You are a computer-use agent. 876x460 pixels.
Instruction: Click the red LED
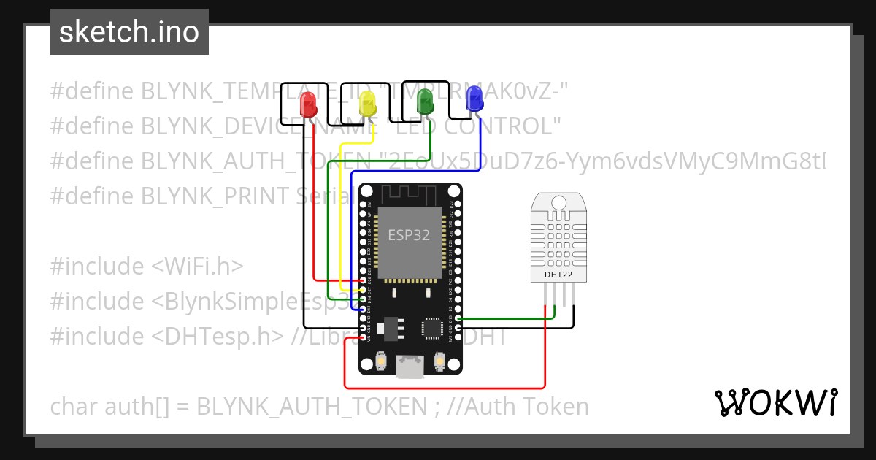(x=309, y=107)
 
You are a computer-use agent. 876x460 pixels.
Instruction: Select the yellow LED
(x=367, y=107)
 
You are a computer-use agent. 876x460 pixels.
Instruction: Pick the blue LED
(x=474, y=99)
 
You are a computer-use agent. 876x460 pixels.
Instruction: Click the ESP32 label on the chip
(x=408, y=235)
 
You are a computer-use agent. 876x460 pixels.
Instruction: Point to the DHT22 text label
(x=558, y=275)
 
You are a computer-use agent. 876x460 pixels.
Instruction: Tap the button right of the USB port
(x=439, y=361)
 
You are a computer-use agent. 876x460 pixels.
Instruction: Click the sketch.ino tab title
(x=128, y=33)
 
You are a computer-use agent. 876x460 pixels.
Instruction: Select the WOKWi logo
(x=775, y=402)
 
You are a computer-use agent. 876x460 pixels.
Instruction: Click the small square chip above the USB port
(x=433, y=328)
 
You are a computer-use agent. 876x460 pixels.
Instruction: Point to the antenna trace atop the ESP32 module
(x=408, y=195)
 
